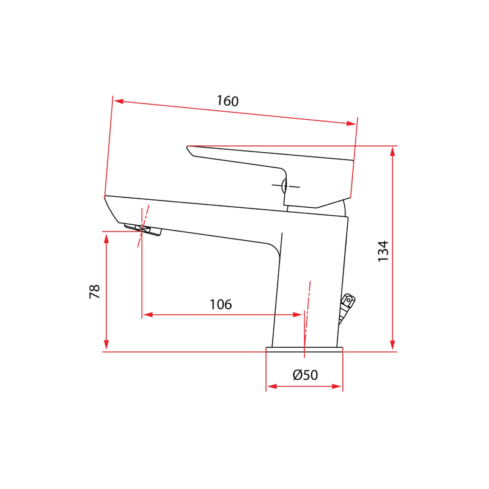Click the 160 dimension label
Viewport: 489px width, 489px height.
227,101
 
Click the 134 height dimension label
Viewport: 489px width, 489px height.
383,251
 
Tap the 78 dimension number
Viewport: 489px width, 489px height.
95,292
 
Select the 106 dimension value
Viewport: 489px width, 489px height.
221,304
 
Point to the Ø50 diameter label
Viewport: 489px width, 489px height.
305,375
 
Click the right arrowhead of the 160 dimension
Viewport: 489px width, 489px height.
351,123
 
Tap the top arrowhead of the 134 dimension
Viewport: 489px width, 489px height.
392,151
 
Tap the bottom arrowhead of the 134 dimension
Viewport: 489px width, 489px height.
392,347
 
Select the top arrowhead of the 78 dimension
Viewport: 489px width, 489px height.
107,237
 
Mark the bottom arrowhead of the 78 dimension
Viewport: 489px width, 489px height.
107,347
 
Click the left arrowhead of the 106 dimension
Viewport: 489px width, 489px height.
147,315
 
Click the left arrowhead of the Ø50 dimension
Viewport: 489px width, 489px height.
271,386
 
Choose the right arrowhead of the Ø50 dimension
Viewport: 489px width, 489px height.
337,386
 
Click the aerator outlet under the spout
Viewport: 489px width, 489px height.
144,230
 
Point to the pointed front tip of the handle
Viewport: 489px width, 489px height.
188,147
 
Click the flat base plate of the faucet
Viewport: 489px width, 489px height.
304,350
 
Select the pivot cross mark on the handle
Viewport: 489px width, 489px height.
285,185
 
